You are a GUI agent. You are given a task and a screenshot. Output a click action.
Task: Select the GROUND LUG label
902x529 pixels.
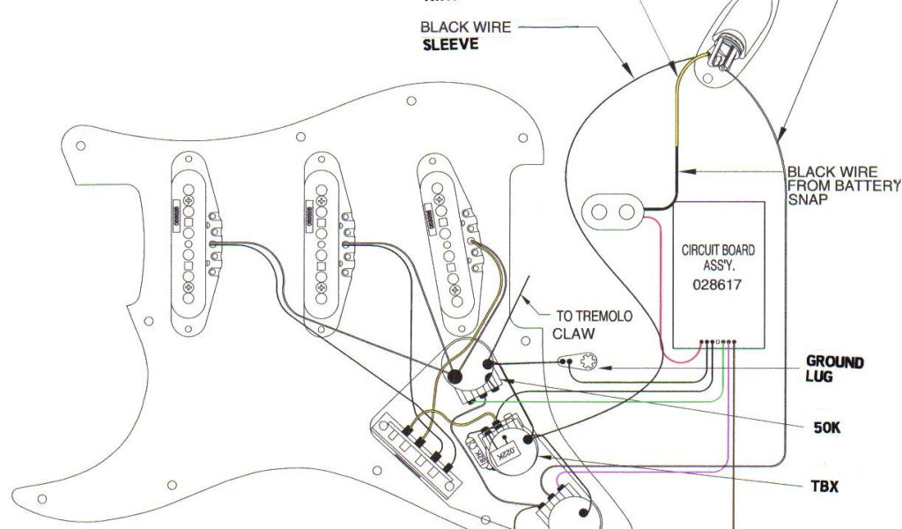pos(834,369)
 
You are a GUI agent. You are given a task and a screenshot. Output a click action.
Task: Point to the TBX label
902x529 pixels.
pos(825,486)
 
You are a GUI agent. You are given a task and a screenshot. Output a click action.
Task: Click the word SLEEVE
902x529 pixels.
pos(450,45)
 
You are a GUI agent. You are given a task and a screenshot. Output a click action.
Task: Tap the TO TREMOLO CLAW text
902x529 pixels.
pos(592,324)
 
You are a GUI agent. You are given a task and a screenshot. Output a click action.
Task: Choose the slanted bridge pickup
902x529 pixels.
pos(450,236)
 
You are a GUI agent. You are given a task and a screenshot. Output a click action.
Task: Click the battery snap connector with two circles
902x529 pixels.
pos(614,211)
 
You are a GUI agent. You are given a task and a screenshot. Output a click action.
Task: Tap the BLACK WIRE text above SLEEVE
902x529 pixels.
pos(466,27)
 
